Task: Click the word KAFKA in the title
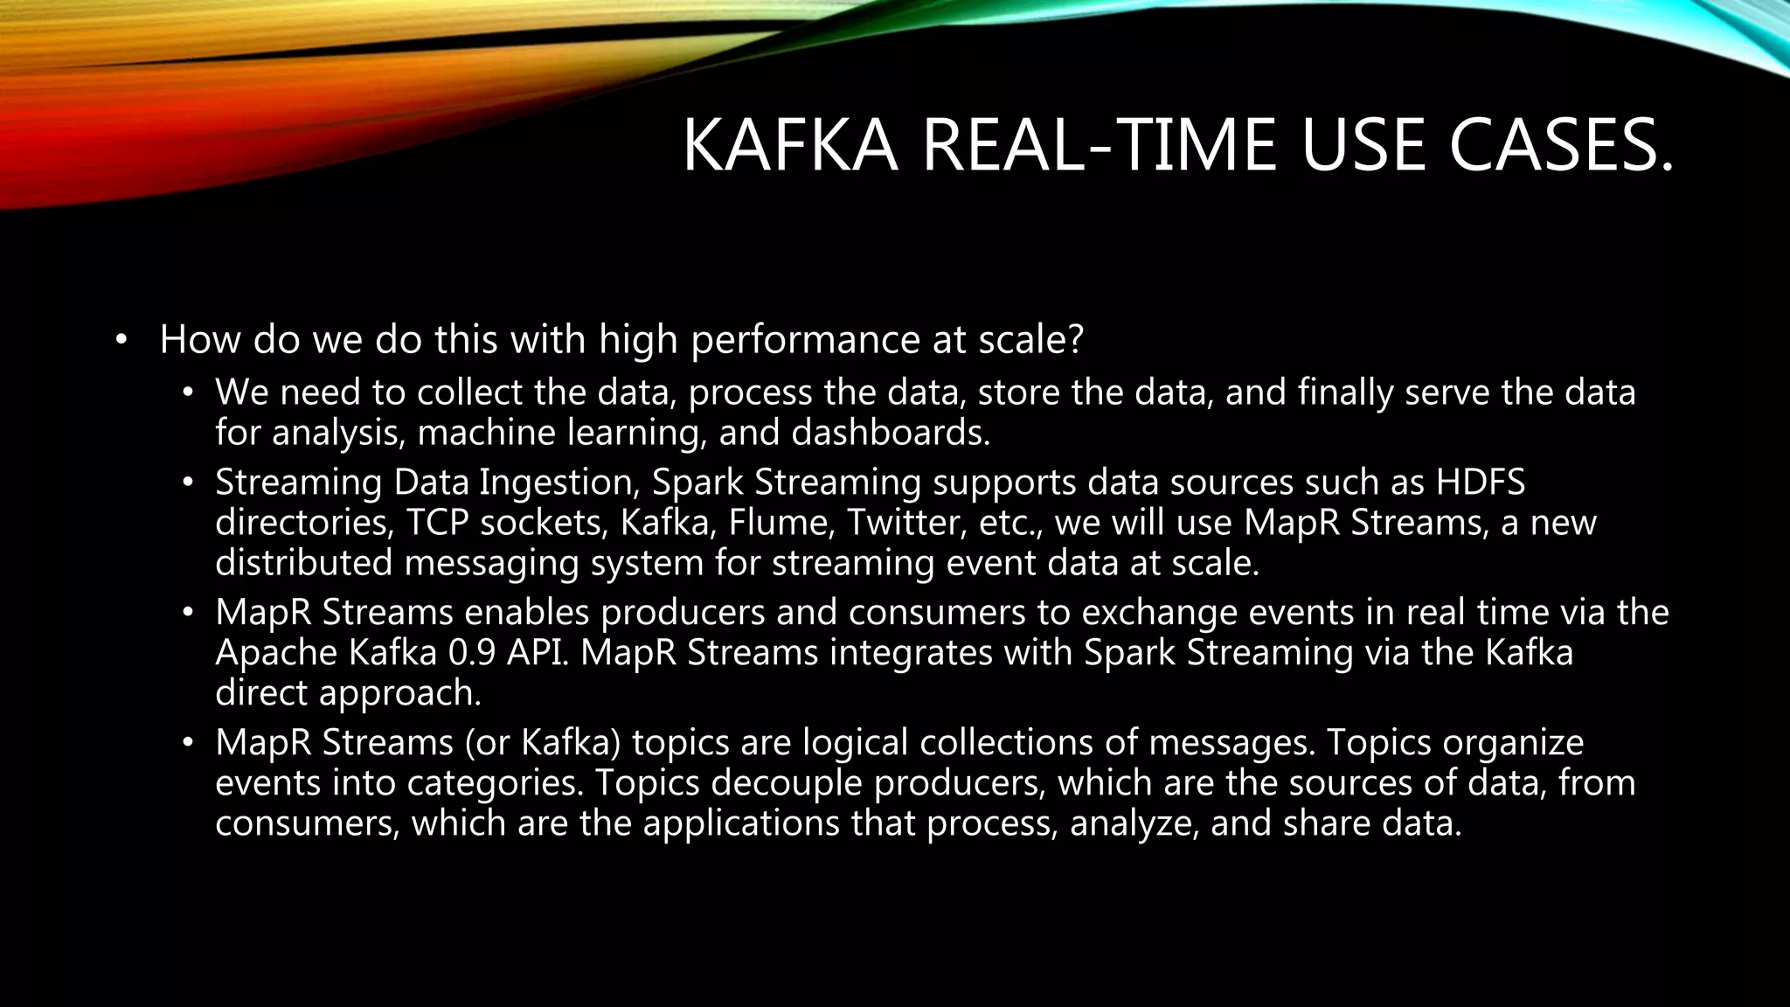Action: (x=789, y=146)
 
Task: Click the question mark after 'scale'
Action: (x=1075, y=339)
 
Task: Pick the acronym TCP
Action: (x=437, y=522)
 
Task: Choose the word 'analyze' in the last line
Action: (x=1134, y=823)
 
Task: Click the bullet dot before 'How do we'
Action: (x=121, y=340)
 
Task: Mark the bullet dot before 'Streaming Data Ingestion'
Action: (x=186, y=483)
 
